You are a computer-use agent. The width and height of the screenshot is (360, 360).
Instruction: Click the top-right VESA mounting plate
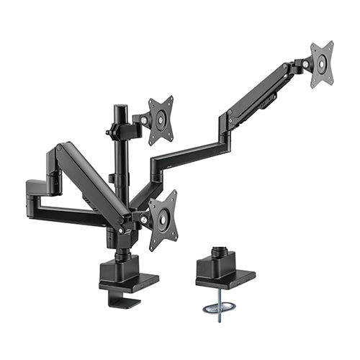click(322, 63)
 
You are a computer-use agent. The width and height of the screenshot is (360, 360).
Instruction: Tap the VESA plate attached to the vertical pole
click(161, 118)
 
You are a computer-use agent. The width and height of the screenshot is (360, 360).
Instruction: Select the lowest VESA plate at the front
click(163, 219)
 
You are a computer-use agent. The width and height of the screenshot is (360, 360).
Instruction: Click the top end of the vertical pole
click(117, 108)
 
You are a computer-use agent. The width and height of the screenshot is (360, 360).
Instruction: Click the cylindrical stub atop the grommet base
click(219, 256)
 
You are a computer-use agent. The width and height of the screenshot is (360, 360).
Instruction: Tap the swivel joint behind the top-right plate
click(298, 68)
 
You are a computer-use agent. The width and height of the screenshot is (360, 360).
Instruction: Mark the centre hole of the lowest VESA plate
click(163, 219)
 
